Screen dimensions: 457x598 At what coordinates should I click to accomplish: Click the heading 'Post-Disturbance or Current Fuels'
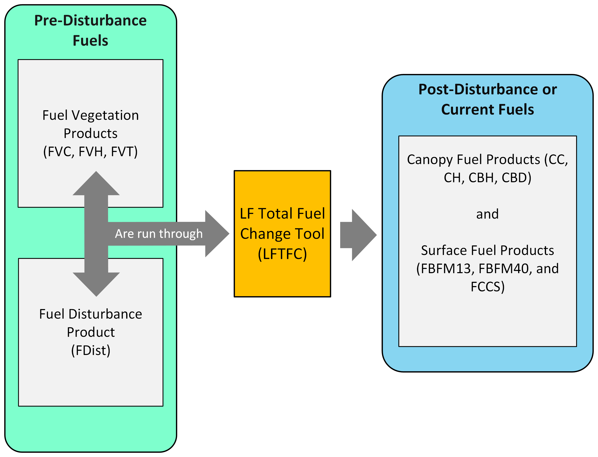click(487, 99)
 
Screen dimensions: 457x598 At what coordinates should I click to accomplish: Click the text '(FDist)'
click(91, 350)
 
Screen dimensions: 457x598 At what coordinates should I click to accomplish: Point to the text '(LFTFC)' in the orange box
click(282, 254)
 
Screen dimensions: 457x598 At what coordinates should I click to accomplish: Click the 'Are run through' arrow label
click(159, 234)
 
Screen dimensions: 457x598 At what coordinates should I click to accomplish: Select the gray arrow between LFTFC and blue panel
click(358, 235)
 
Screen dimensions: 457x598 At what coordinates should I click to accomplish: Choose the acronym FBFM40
click(504, 269)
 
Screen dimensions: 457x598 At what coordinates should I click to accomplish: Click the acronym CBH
click(481, 178)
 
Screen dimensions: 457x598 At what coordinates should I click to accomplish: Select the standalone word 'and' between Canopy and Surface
click(487, 214)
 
